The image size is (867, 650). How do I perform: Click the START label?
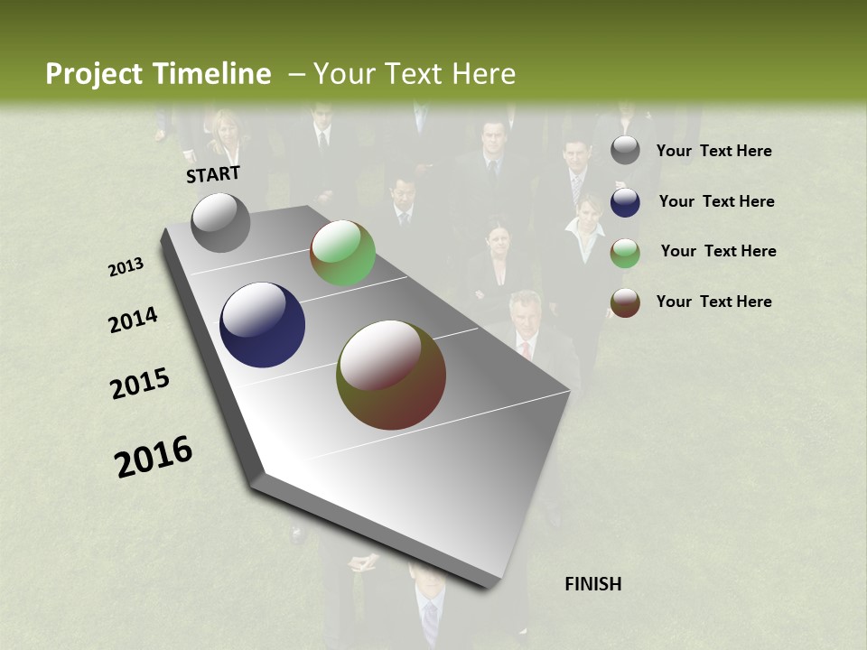[x=213, y=174]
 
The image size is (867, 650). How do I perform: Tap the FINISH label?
[x=593, y=584]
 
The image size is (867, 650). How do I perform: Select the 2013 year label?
[x=126, y=267]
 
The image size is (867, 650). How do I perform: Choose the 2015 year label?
[x=140, y=384]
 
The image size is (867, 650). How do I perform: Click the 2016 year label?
[x=154, y=457]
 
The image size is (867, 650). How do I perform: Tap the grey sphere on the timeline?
[x=221, y=222]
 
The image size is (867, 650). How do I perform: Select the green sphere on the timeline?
[x=342, y=254]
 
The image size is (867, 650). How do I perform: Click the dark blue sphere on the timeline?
[x=262, y=325]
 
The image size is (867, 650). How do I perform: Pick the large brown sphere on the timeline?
[x=391, y=375]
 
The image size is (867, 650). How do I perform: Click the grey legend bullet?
[x=625, y=151]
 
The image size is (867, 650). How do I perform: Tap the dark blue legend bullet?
[x=625, y=202]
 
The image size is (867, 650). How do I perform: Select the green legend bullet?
[x=625, y=252]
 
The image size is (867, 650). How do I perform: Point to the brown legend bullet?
[x=625, y=302]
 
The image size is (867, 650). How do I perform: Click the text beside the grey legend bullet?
[x=713, y=151]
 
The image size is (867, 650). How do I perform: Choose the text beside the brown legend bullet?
[x=713, y=302]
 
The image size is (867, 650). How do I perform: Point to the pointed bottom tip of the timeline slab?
[x=489, y=587]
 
